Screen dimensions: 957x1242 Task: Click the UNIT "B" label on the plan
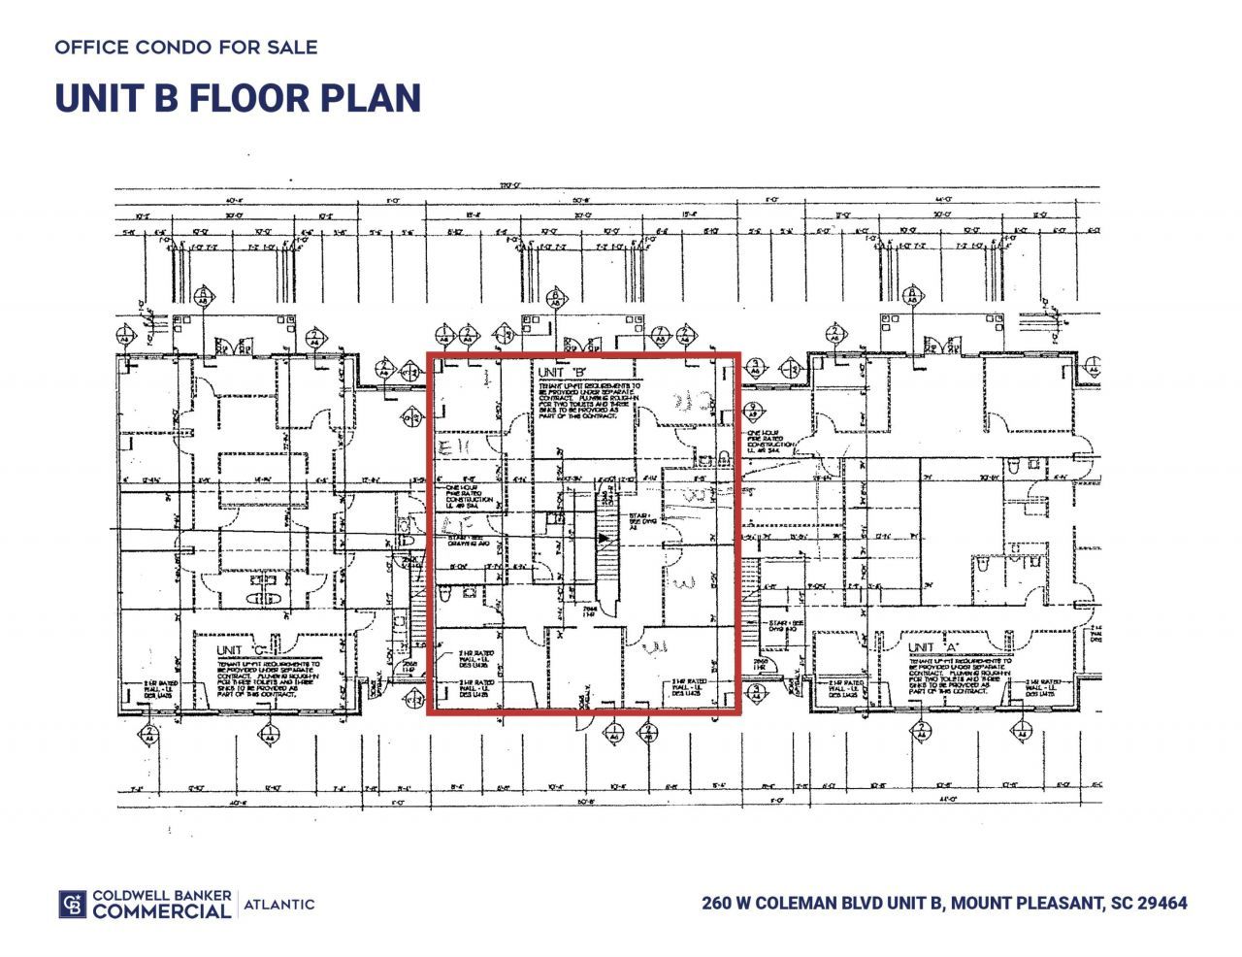click(562, 373)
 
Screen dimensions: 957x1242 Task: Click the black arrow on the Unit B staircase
click(604, 536)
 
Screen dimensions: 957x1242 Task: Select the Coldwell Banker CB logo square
click(73, 904)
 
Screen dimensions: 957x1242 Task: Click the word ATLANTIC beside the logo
click(279, 905)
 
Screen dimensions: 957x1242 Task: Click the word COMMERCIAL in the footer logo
click(162, 911)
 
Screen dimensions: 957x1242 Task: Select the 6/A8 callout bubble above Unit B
click(555, 297)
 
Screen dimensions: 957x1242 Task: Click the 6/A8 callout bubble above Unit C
click(204, 297)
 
